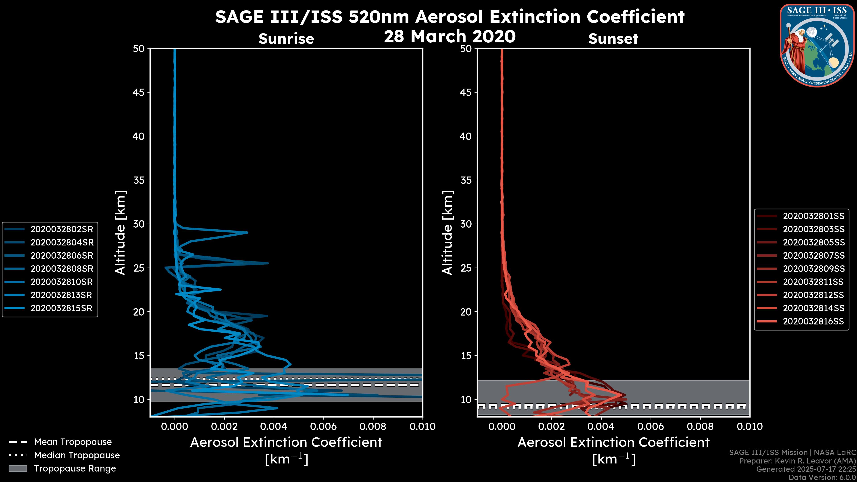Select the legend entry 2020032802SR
tap(62, 229)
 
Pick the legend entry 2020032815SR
tap(62, 308)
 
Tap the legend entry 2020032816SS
tap(813, 322)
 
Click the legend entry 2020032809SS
tap(813, 269)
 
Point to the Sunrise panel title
tap(286, 39)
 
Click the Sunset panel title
tap(613, 39)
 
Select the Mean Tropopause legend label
tap(73, 442)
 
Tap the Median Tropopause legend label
tap(77, 455)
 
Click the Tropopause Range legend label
tap(75, 469)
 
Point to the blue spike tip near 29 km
tap(247, 233)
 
